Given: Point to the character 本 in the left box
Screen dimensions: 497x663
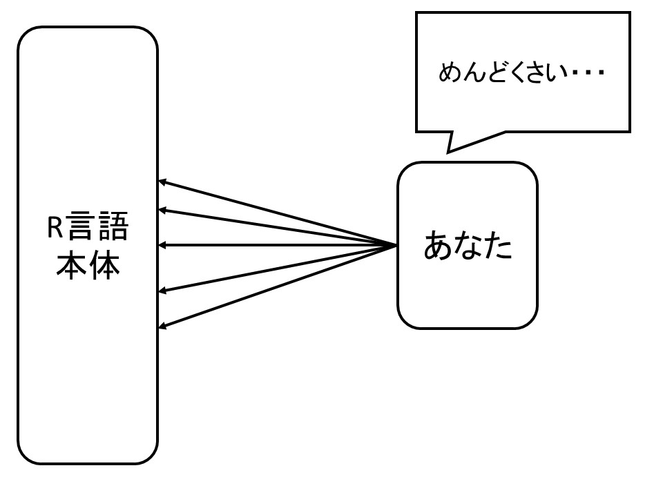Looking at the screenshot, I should pos(72,264).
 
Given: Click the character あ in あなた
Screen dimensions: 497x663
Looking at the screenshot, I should pos(438,246).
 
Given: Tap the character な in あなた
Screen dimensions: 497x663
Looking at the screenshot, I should pos(468,246).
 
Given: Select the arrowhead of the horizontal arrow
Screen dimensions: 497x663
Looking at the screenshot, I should pos(162,245).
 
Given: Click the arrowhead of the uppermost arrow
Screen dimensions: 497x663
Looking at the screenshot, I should pos(162,182).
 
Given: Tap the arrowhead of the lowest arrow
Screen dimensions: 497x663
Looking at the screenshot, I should pos(162,325).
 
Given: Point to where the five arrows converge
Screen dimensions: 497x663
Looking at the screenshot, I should pos(395,245).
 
